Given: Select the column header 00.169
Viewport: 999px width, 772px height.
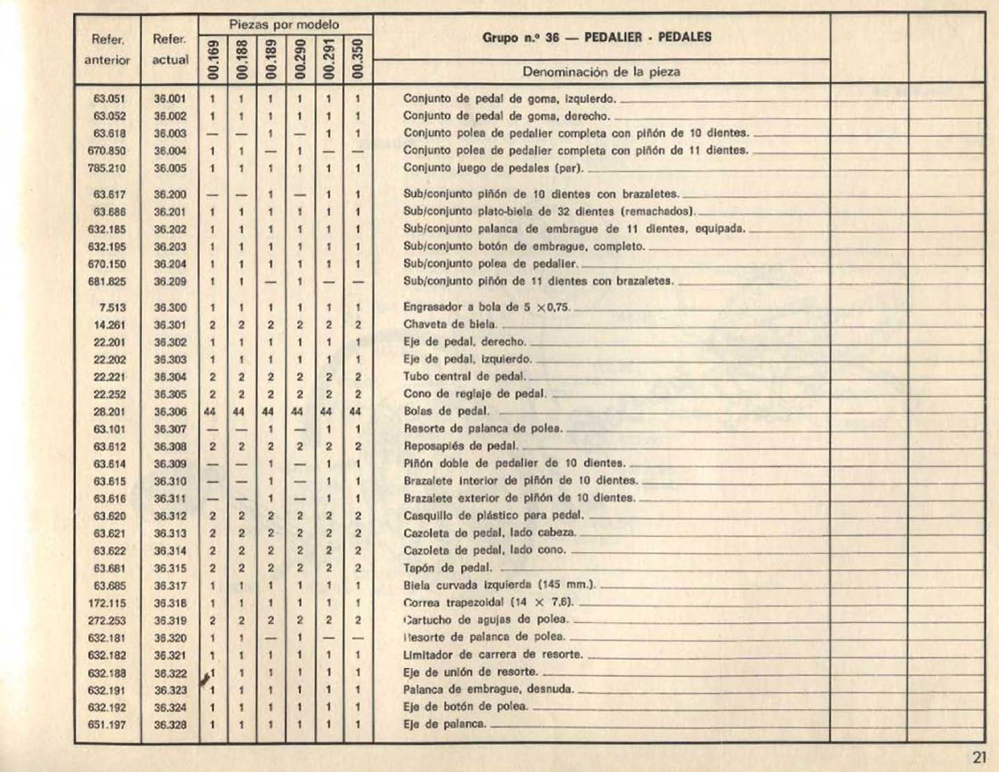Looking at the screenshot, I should (213, 60).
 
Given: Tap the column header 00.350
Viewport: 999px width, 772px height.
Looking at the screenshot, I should (357, 60).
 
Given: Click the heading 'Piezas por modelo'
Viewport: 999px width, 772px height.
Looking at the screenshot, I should (285, 25).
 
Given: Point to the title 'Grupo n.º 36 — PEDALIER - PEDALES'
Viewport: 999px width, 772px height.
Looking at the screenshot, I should (597, 37).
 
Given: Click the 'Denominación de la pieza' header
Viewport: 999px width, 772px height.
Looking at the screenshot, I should (600, 71).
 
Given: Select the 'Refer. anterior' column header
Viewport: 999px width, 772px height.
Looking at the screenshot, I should (107, 50).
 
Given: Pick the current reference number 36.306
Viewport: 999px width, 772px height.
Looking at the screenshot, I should (170, 412).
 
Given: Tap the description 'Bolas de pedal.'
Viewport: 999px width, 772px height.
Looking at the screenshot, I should (446, 411).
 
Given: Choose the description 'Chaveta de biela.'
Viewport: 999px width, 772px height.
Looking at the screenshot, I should (450, 324).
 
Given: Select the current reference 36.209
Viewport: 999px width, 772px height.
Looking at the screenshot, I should (170, 281).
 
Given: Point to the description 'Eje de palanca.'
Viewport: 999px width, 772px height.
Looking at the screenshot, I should (444, 724).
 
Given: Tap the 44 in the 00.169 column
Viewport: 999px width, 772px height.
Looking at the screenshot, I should (210, 412).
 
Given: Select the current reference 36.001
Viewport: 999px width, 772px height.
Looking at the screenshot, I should (170, 99).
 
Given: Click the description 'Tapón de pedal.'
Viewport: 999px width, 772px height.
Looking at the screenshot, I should (447, 568).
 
